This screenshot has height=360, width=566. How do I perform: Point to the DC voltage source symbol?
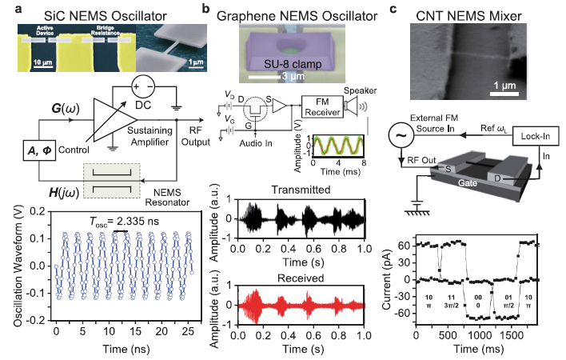pos(145,86)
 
